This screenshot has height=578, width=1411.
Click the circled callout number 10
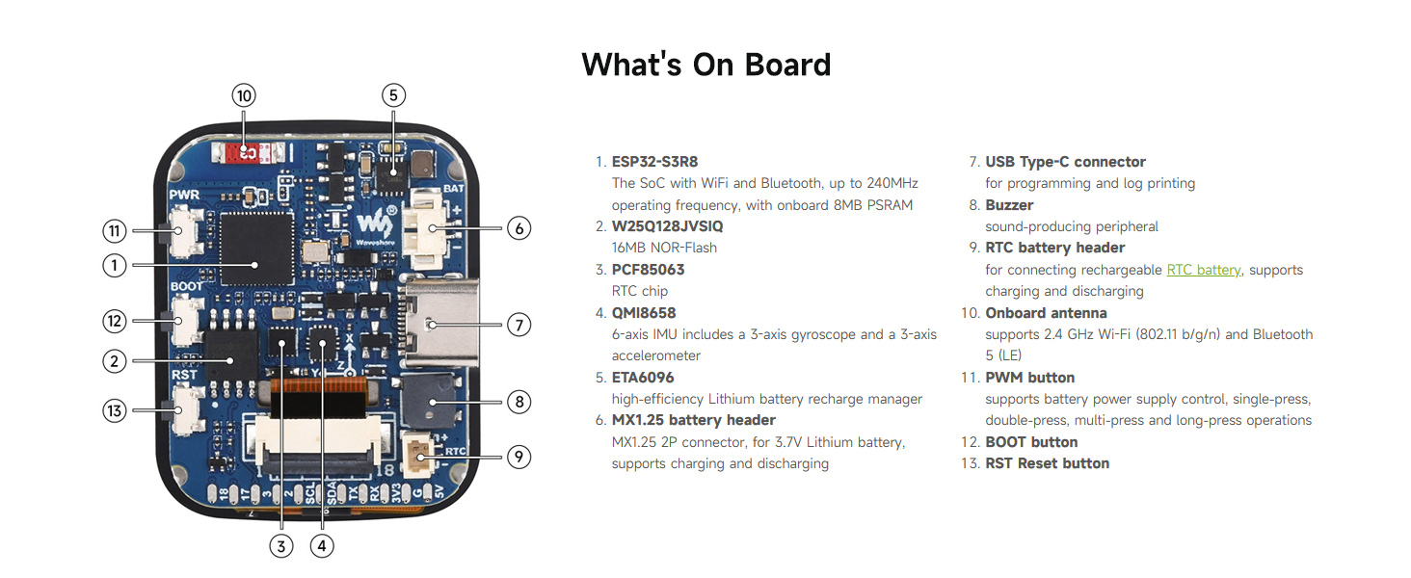(x=244, y=95)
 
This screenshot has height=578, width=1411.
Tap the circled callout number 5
(x=392, y=95)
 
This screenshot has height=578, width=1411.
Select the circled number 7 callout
(x=519, y=325)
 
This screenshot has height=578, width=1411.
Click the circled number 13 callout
(x=115, y=411)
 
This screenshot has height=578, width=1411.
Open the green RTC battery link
(x=1203, y=270)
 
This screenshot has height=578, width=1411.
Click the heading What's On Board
(x=705, y=65)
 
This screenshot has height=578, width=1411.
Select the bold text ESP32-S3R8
(x=654, y=162)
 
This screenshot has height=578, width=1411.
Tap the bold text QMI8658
(x=644, y=313)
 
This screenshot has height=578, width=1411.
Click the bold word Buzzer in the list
(x=1009, y=205)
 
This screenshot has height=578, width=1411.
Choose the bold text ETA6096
(x=643, y=378)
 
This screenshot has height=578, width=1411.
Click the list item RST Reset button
(x=1047, y=463)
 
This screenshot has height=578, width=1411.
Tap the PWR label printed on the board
(x=184, y=196)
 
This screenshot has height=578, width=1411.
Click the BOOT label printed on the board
(x=186, y=286)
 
